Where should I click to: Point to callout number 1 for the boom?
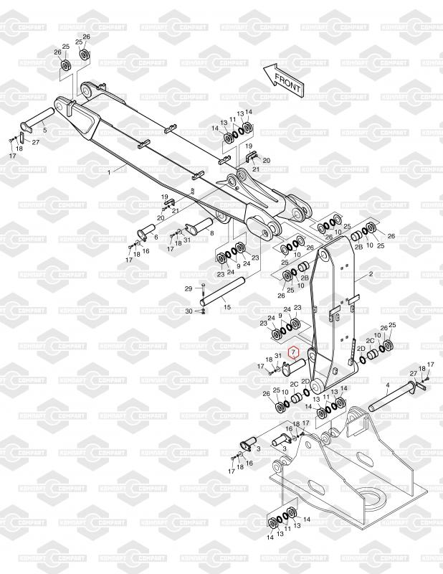[109, 172]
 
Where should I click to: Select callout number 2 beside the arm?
[371, 274]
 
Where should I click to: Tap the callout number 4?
[388, 385]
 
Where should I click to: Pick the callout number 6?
[156, 235]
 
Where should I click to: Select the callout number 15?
[227, 306]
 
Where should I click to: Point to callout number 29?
[189, 288]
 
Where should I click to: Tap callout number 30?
[189, 311]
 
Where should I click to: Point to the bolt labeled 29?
[204, 291]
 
